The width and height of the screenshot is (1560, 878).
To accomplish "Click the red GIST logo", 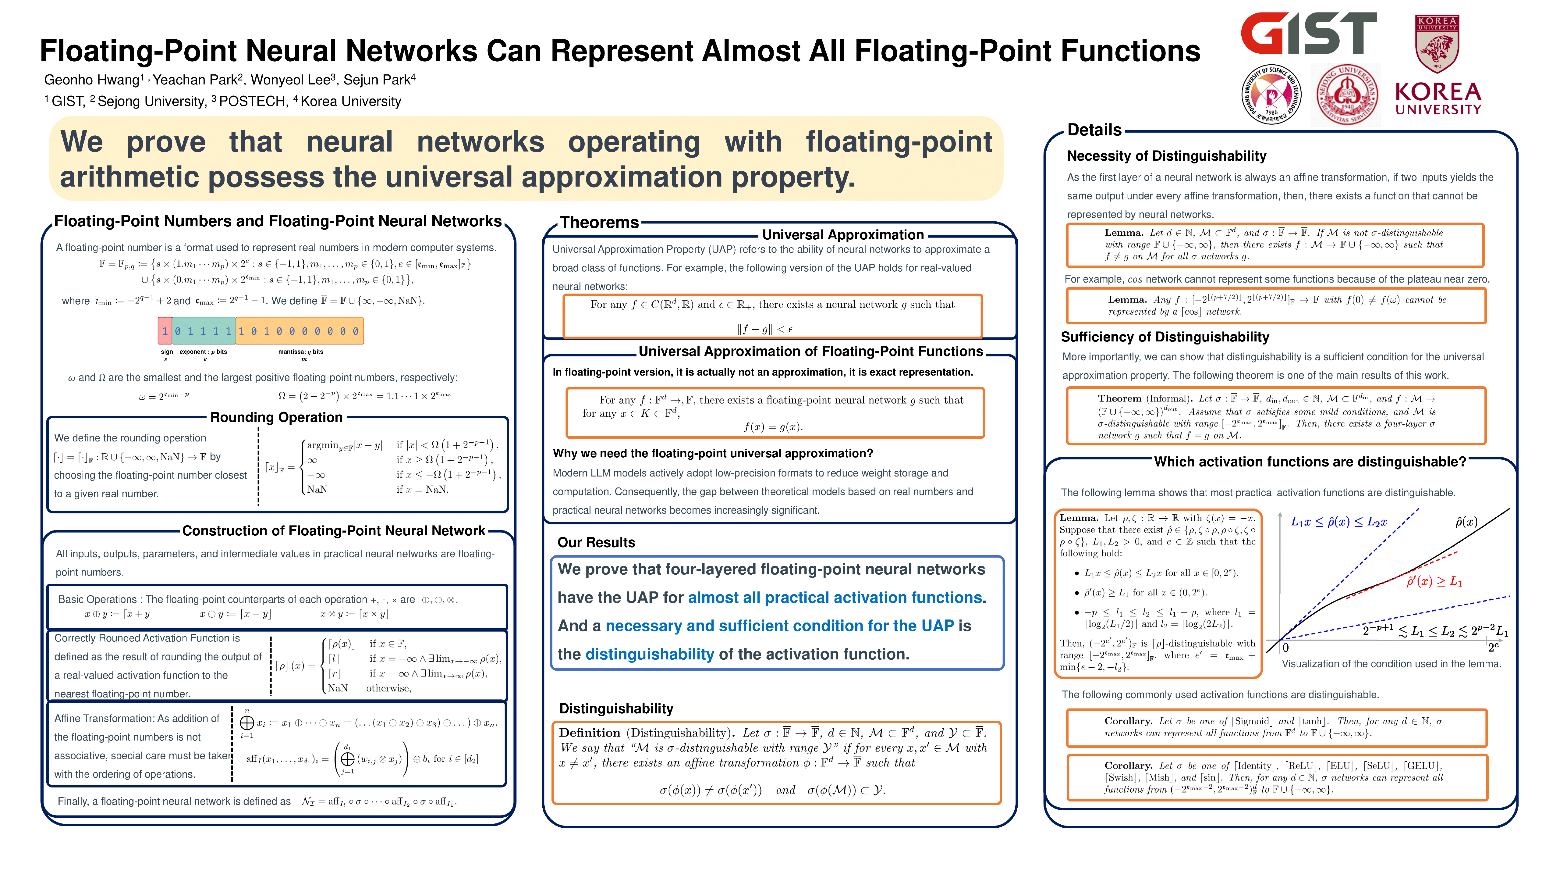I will coord(1308,34).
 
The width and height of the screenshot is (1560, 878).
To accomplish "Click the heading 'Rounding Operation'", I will coord(276,417).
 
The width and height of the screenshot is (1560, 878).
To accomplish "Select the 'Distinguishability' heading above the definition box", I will coord(616,708).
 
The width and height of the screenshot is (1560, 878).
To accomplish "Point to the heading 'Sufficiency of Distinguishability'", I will coord(1165,337).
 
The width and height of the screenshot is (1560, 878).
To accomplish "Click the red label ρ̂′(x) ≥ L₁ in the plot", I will coord(1434,582).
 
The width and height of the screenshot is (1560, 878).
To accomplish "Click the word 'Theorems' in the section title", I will coord(599,222).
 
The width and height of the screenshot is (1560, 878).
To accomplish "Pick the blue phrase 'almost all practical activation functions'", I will coord(835,598).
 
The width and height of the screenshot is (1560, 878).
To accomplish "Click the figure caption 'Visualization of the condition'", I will coord(1391,663).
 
